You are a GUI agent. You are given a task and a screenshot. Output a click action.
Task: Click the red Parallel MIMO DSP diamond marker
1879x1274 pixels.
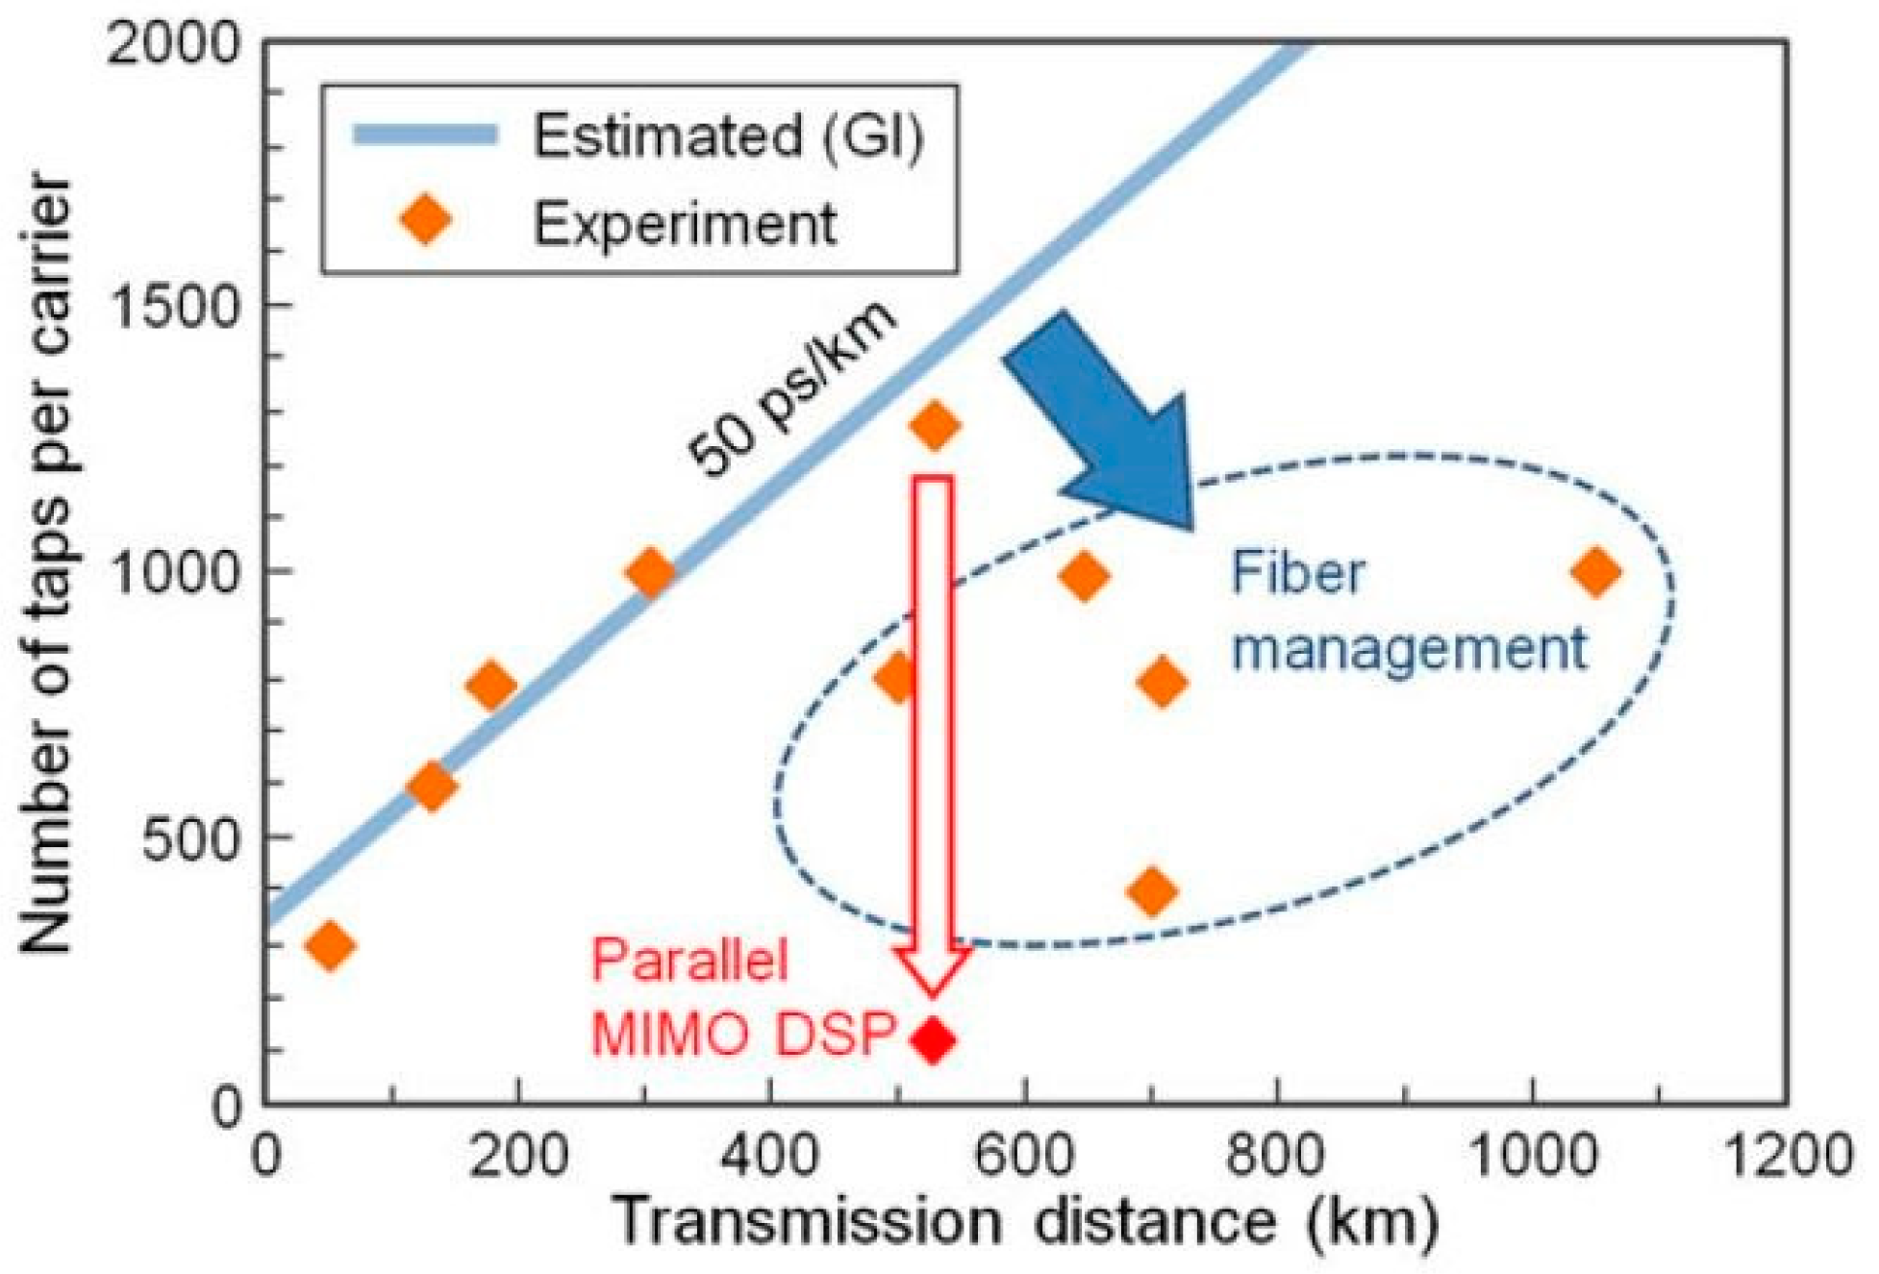(x=932, y=1039)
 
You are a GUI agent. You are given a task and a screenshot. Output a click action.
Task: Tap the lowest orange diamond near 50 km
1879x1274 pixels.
(x=330, y=945)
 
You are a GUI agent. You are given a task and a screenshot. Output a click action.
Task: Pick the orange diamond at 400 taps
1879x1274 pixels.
(x=1152, y=891)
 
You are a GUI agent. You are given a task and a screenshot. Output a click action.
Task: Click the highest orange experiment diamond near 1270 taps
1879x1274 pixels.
(x=935, y=425)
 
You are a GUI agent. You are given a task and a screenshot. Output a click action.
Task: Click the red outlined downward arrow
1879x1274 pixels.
(x=932, y=731)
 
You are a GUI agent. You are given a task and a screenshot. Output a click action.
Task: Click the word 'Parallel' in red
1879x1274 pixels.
(x=689, y=959)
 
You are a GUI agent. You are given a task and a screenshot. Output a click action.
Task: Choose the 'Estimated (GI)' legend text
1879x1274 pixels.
(x=728, y=136)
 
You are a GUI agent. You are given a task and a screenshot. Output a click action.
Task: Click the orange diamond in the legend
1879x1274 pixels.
(x=427, y=221)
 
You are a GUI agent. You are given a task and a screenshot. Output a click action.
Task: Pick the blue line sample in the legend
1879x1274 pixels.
(x=425, y=135)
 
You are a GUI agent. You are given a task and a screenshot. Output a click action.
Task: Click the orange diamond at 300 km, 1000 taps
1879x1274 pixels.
(x=650, y=572)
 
